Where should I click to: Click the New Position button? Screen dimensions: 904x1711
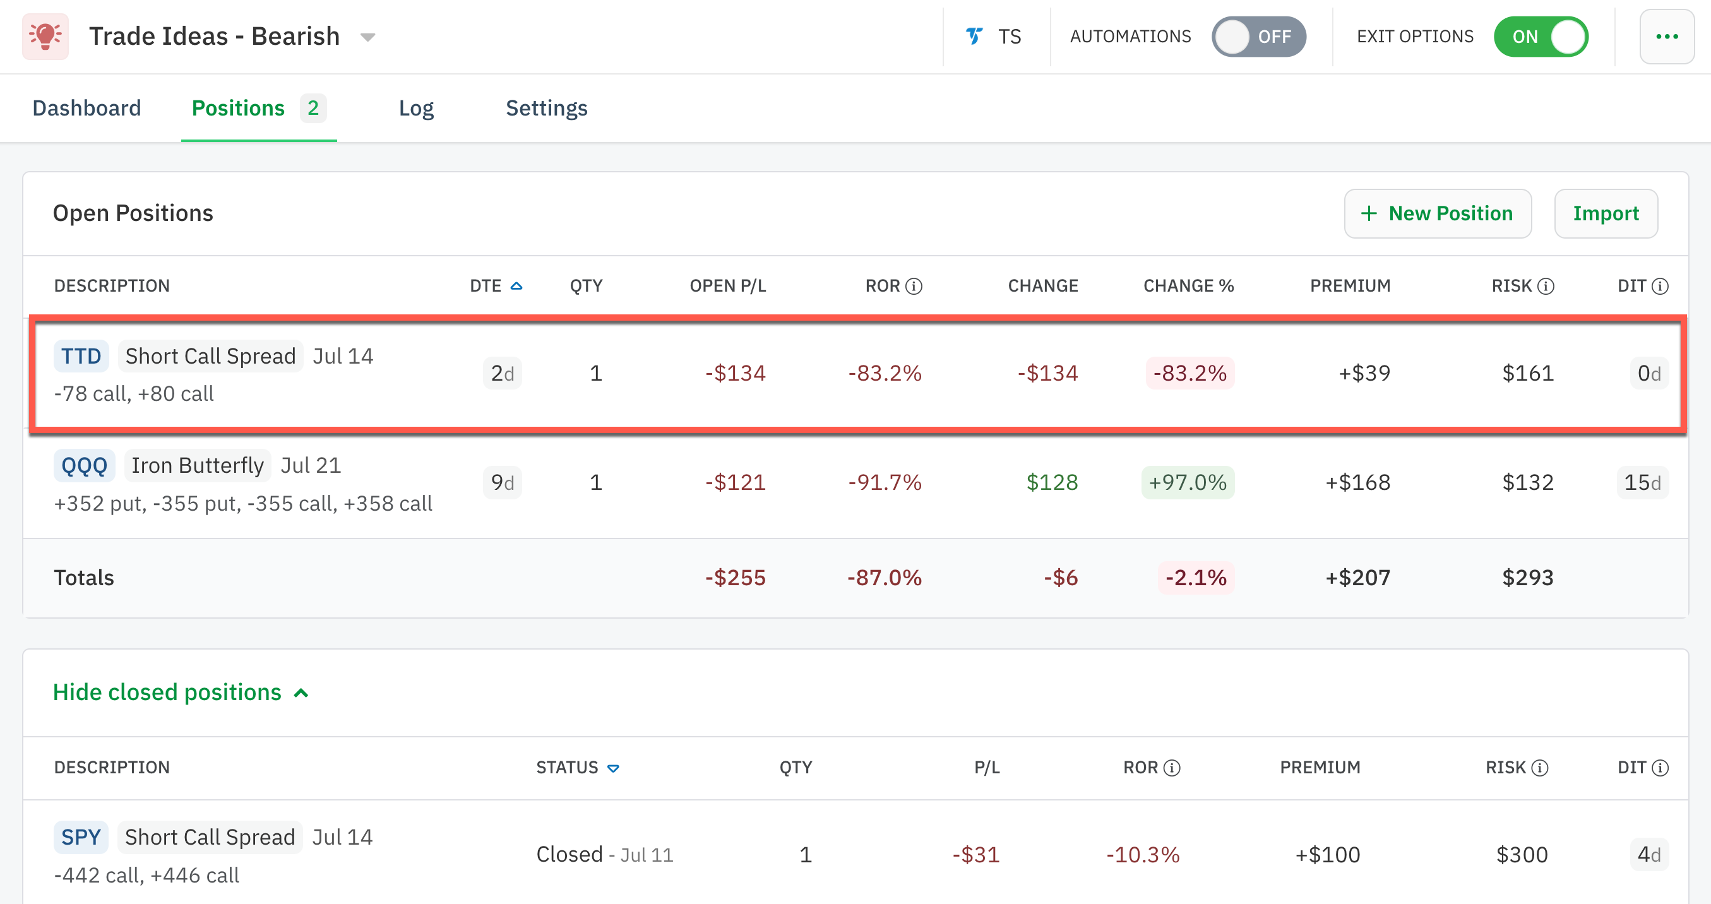coord(1438,213)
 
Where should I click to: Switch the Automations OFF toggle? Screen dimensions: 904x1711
coord(1258,37)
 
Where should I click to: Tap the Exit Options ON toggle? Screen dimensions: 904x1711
coord(1541,37)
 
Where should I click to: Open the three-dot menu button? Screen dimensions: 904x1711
coord(1667,37)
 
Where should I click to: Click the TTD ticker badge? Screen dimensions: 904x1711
coord(81,356)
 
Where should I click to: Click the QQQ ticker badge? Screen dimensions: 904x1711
coord(85,466)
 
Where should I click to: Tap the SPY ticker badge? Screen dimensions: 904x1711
coord(81,837)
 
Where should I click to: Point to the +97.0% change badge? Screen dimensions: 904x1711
coord(1187,482)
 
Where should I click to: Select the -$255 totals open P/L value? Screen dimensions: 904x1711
coord(735,577)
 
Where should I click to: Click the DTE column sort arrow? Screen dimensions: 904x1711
coord(516,286)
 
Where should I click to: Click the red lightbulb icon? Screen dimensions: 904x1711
coord(45,37)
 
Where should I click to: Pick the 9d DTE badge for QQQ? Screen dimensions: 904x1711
coord(502,482)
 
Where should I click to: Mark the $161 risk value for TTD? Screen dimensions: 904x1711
coord(1527,373)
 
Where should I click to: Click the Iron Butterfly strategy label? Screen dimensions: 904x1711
coord(197,466)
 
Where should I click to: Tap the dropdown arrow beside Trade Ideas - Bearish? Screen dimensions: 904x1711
coord(367,37)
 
